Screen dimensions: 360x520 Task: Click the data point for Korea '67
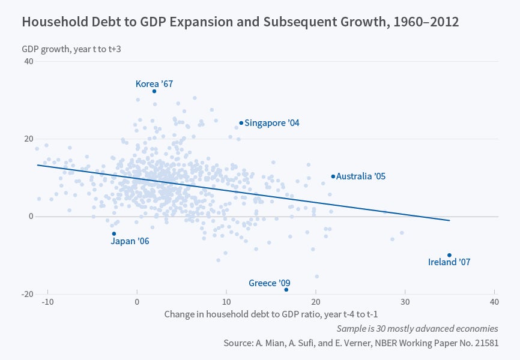pos(154,91)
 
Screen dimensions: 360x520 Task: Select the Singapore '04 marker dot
pos(241,123)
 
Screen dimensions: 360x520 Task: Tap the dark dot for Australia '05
pos(333,176)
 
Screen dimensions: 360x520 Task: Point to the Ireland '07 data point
pos(449,255)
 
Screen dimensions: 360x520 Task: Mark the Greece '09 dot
pos(286,290)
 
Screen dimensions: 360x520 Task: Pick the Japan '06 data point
pos(114,233)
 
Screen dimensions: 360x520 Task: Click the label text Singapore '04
pos(272,123)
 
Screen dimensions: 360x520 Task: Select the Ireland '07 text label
pos(449,262)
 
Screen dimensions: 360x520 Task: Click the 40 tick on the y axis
pos(28,62)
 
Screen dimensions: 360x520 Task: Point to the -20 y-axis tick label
pos(26,294)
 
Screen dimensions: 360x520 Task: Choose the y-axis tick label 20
pos(28,139)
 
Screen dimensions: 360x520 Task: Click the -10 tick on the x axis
pos(48,301)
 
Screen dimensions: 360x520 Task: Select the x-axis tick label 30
pos(405,301)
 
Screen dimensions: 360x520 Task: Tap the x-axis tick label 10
pos(226,301)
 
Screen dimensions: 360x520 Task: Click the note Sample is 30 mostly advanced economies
pos(417,328)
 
